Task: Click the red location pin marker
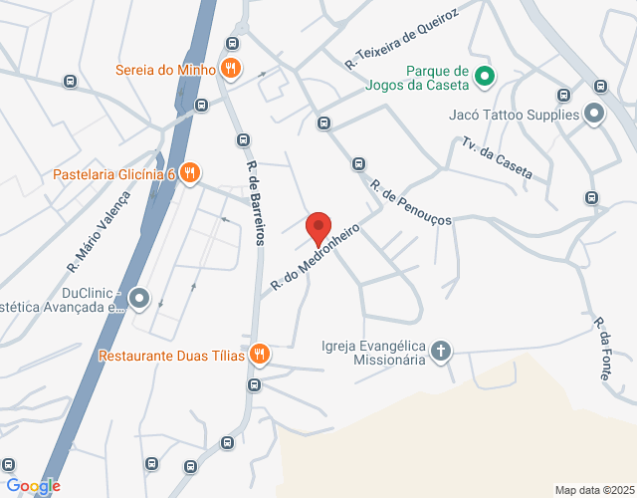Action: [318, 229]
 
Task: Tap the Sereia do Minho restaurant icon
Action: [231, 69]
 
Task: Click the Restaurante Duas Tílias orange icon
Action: [259, 355]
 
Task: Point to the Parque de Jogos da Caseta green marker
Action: [484, 75]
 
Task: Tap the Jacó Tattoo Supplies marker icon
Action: [594, 115]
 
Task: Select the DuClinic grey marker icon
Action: [139, 297]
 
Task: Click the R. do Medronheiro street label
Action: [314, 257]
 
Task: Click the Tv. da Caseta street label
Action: [497, 159]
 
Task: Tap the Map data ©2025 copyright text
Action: [593, 490]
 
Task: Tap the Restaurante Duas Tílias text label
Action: [171, 356]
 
